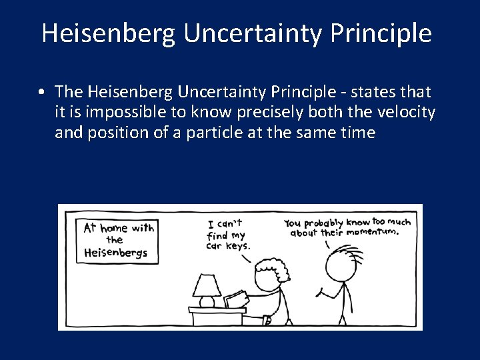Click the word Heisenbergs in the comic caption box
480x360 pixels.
(115, 253)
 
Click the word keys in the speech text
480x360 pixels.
(236, 245)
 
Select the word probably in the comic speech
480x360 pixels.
(323, 222)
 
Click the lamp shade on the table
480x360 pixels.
(207, 286)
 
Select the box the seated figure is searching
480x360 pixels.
(235, 299)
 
